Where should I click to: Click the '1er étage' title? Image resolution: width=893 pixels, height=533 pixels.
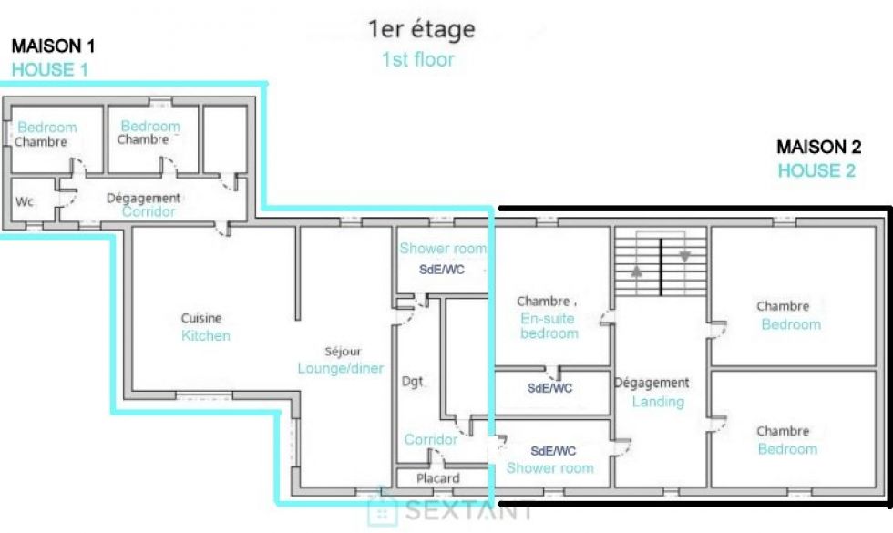(421, 29)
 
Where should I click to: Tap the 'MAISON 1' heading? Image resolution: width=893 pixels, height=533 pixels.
(53, 46)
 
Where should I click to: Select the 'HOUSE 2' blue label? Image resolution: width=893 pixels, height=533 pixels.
(816, 171)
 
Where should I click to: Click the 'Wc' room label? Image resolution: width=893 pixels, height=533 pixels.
(25, 201)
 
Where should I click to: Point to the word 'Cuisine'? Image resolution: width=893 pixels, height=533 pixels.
(201, 318)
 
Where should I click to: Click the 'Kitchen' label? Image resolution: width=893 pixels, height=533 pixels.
(206, 335)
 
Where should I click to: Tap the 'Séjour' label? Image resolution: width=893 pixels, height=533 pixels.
(343, 352)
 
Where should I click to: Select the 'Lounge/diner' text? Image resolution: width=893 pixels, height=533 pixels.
(341, 368)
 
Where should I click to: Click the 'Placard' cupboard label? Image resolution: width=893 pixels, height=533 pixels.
(438, 478)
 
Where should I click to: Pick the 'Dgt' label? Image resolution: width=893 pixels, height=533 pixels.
(413, 382)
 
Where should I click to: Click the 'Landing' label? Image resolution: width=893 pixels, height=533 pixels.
(658, 402)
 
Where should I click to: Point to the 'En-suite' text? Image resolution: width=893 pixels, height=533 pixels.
(548, 318)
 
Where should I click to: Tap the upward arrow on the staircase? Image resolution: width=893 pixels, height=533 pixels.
(637, 272)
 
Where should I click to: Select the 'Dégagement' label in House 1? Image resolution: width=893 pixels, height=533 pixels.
(144, 199)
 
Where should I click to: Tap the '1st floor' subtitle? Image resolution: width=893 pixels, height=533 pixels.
(418, 59)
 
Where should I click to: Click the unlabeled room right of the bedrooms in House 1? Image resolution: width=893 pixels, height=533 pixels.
(225, 138)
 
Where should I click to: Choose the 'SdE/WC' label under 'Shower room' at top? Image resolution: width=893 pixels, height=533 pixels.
(442, 270)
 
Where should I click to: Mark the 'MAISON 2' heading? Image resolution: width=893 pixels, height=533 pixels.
(819, 147)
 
